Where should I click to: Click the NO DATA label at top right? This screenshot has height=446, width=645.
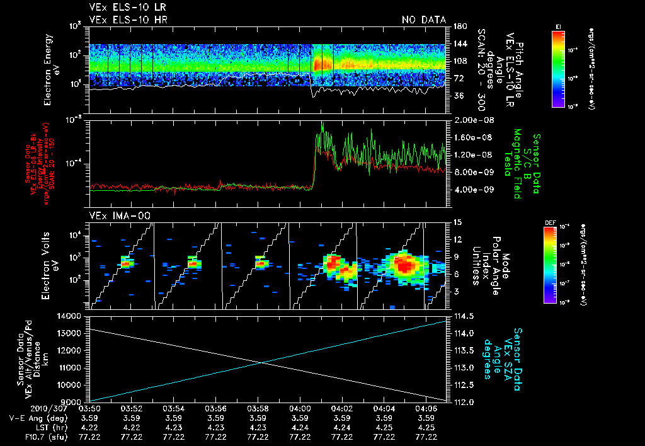pos(424,20)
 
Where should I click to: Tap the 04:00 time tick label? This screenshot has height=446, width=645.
pos(300,408)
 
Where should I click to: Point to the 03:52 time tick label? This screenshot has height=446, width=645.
pos(131,408)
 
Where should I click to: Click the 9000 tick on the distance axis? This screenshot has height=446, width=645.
pos(74,402)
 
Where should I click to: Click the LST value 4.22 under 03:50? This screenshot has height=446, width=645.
pos(89,426)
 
